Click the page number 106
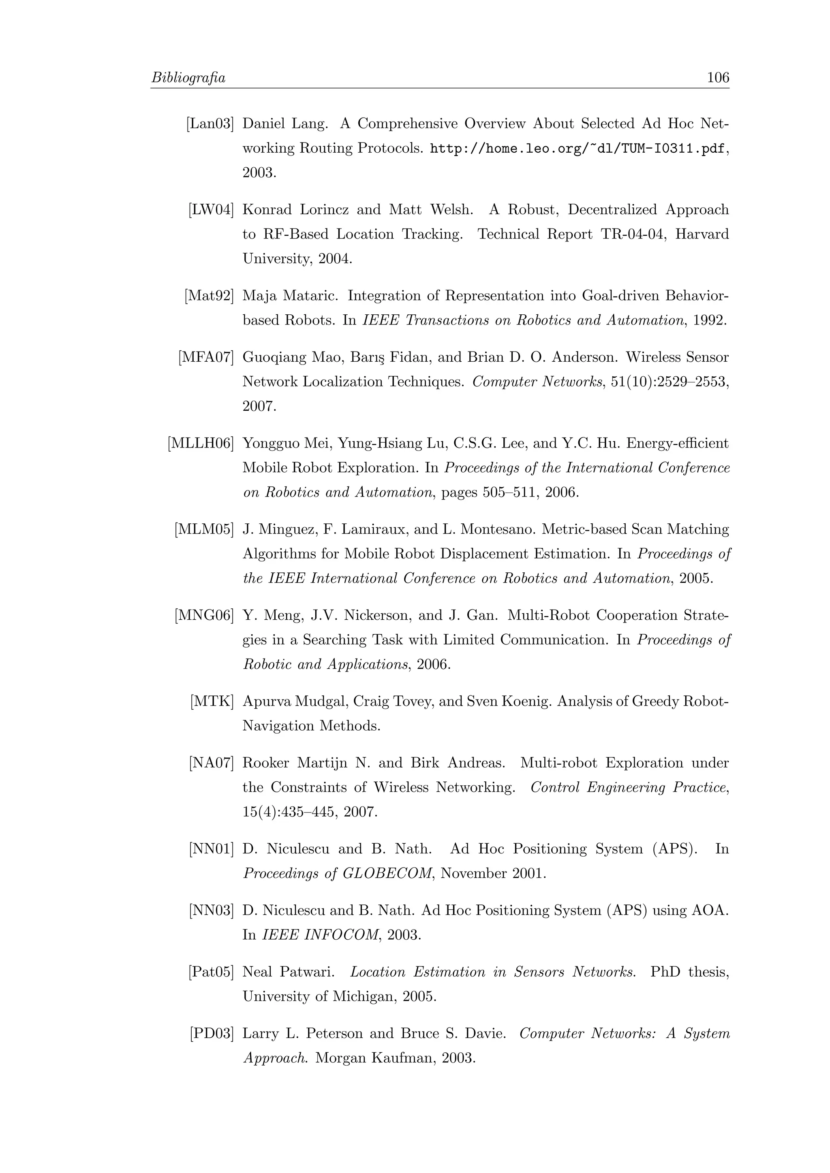718,78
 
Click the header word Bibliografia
188,78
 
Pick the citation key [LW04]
211,209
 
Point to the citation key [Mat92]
209,296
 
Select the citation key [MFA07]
206,357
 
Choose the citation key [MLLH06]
200,444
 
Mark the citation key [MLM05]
204,529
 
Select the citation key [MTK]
212,702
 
